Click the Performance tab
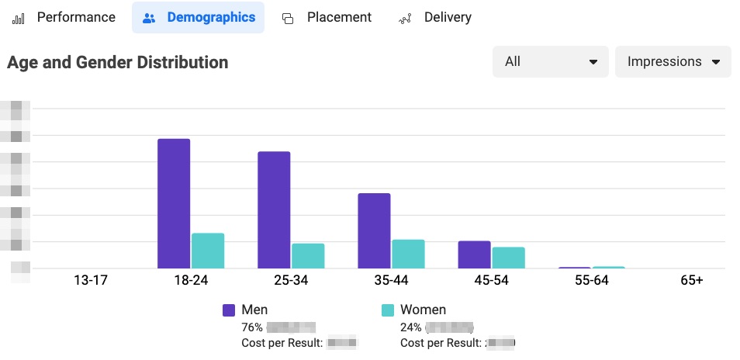(66, 17)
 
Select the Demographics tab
(199, 17)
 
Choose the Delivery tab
(435, 17)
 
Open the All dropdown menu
(550, 62)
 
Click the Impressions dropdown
(673, 62)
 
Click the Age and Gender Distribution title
(118, 63)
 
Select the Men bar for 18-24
(174, 203)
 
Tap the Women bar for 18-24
(208, 251)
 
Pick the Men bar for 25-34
(274, 209)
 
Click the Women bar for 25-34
(308, 256)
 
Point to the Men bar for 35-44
(374, 230)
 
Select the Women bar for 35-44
(408, 254)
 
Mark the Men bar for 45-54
(474, 254)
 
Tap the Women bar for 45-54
(508, 258)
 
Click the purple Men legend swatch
(229, 310)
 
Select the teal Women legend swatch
(387, 310)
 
